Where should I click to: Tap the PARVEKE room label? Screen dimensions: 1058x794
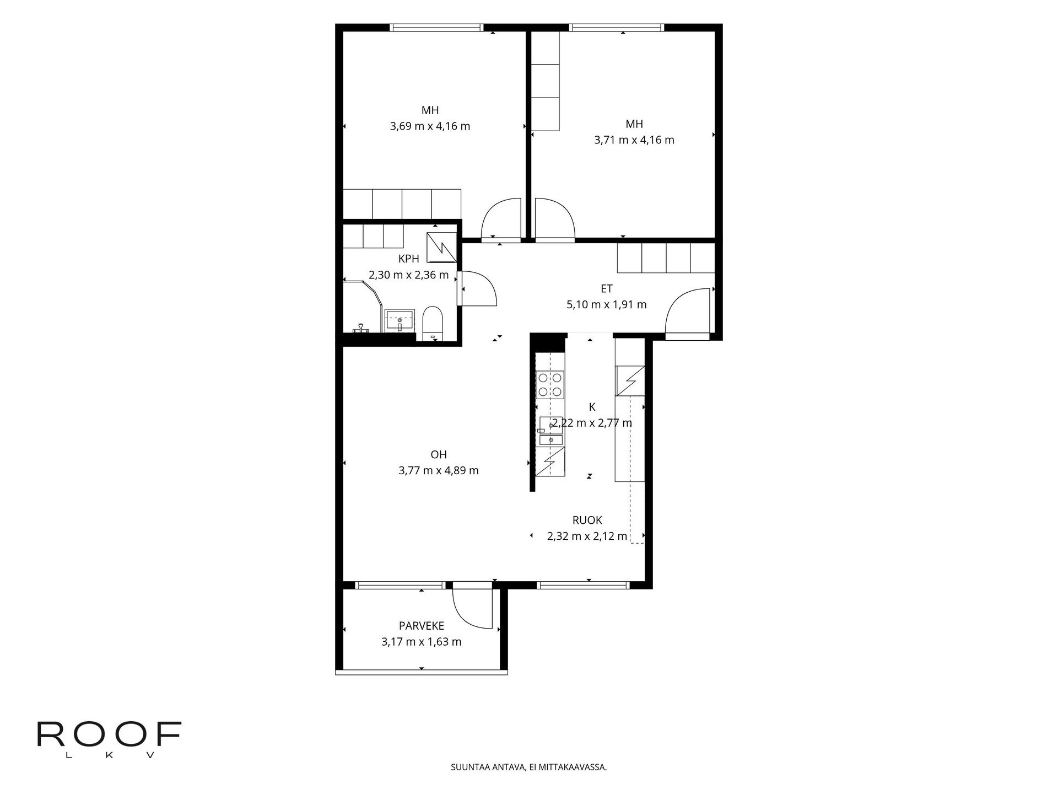(422, 626)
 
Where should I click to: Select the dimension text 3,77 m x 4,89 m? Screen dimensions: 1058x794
(439, 471)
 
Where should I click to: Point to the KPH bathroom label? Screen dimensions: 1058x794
(409, 259)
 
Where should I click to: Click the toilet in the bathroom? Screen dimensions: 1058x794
(433, 324)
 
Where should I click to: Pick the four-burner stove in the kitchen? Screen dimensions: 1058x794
(550, 385)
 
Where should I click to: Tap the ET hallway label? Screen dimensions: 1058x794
(607, 288)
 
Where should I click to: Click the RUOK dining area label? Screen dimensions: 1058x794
(587, 520)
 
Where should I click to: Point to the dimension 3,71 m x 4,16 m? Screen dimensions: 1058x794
(634, 140)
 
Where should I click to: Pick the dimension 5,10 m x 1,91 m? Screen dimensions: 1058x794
(607, 304)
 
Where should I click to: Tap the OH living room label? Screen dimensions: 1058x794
(439, 455)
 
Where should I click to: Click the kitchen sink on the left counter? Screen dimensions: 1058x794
(550, 432)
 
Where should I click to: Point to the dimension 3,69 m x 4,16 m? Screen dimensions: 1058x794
(430, 126)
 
